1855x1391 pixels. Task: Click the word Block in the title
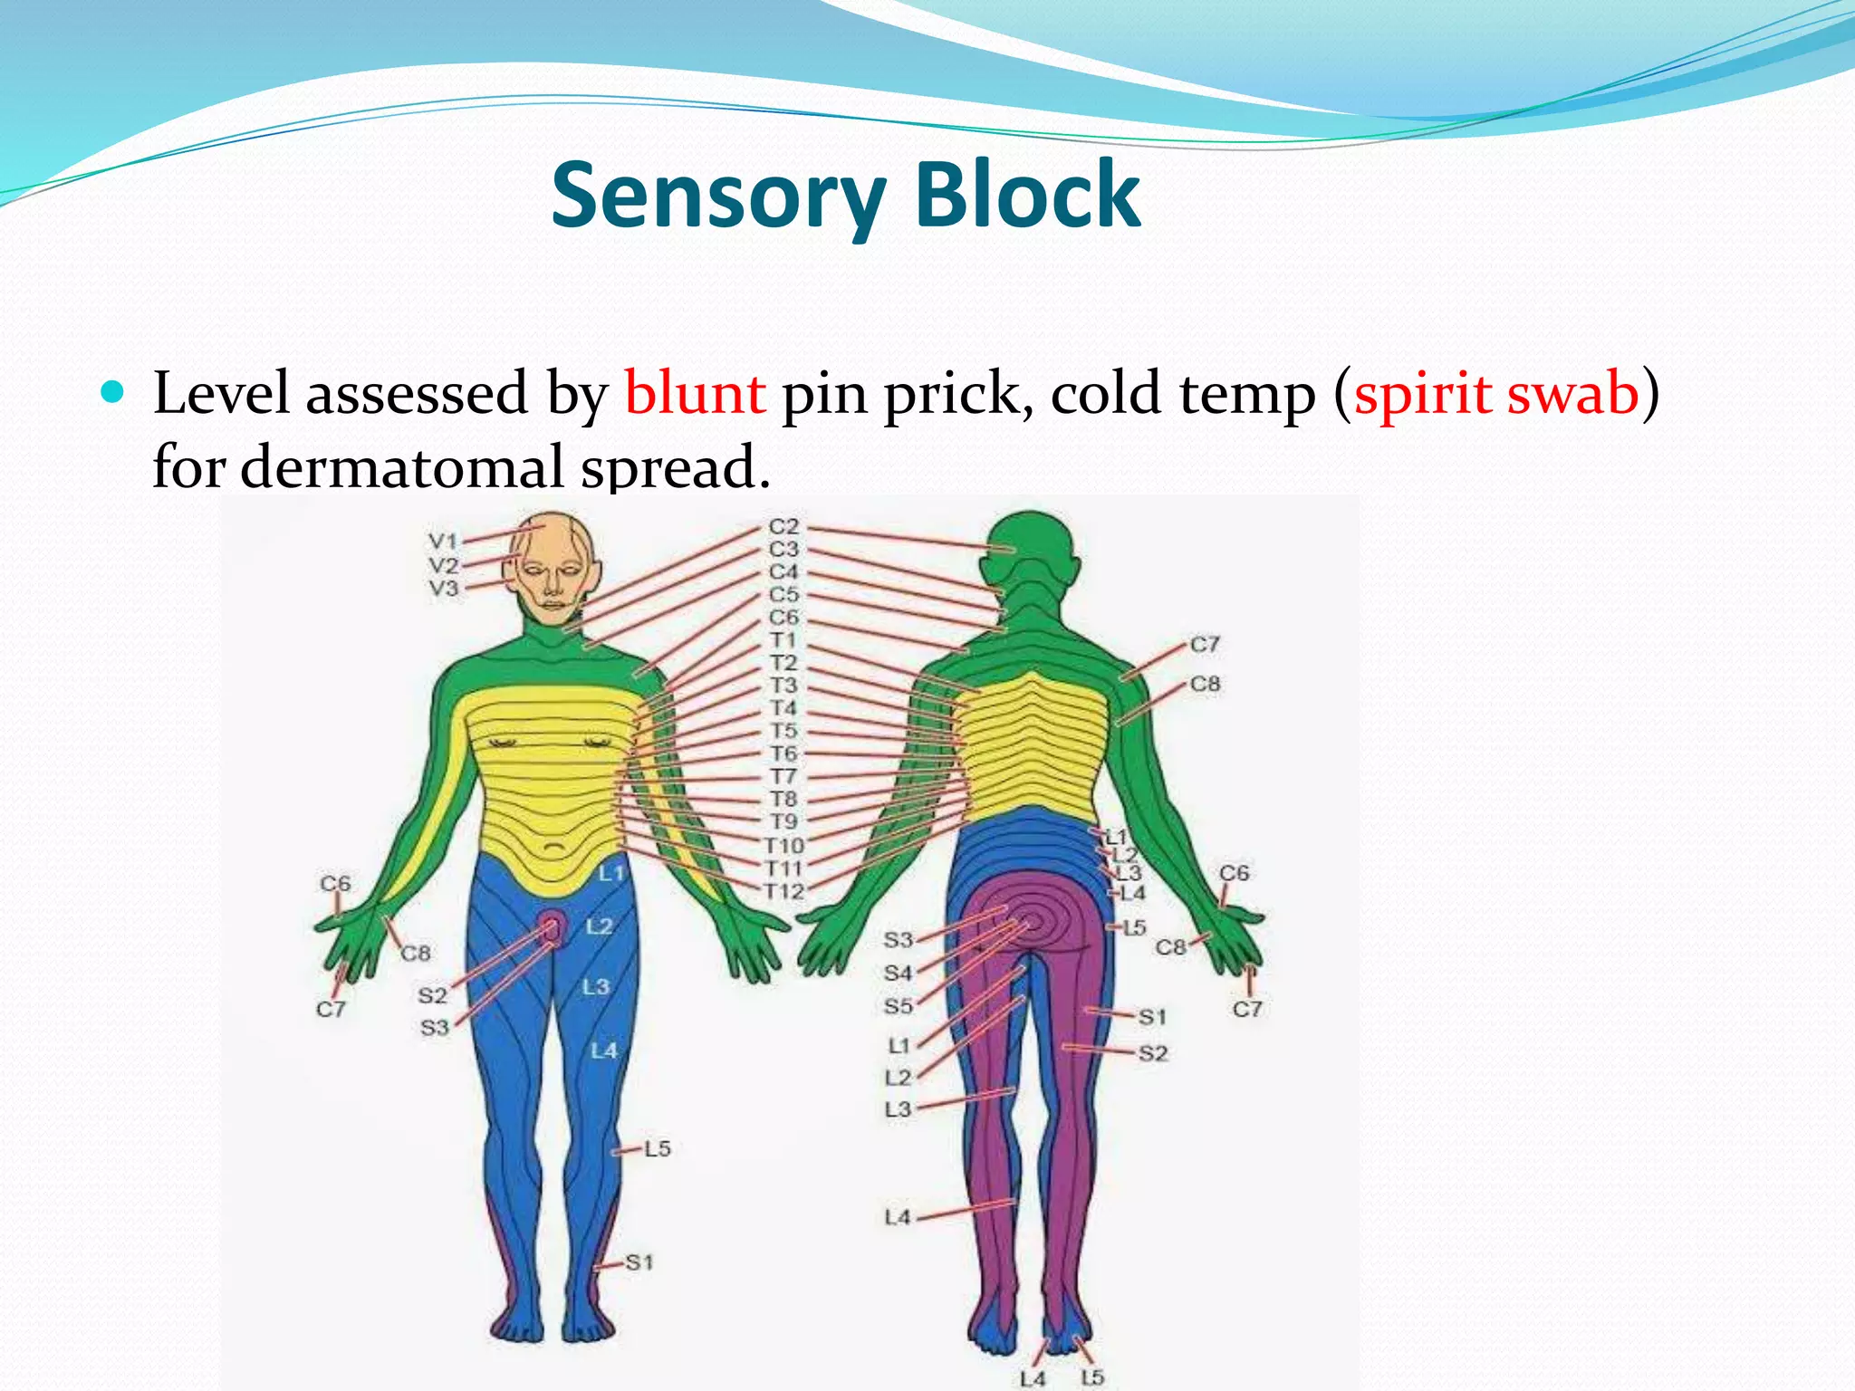pos(1027,195)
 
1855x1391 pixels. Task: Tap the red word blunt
pos(695,394)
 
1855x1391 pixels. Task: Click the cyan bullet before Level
pos(112,392)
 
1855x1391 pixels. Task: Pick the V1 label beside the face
pos(443,541)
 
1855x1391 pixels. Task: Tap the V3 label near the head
pos(443,589)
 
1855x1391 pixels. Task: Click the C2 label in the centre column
pos(783,526)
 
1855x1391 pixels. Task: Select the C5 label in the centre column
pos(783,595)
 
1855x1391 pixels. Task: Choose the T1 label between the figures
pos(783,640)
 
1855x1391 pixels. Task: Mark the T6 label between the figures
pos(783,753)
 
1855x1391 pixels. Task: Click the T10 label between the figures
pos(783,846)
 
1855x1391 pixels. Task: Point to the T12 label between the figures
pos(783,892)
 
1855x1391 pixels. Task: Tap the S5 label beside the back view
pos(898,1006)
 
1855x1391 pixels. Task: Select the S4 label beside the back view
pos(898,973)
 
